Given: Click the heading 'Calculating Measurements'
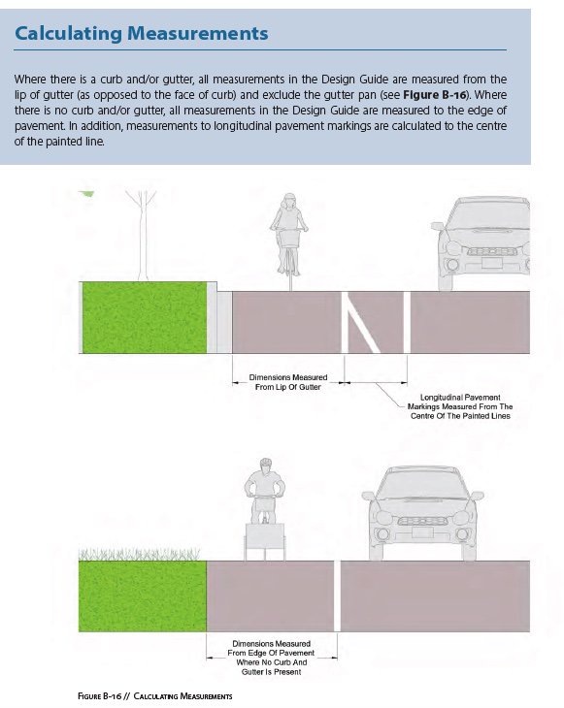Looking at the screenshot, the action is (142, 33).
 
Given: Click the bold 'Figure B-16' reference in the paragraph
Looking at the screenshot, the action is (434, 95).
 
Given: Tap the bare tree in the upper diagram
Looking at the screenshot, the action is (143, 236).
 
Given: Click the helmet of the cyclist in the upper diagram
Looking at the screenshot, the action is (288, 198).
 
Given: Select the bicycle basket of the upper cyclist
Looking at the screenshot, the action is (289, 238).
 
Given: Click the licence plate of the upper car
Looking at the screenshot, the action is (492, 263).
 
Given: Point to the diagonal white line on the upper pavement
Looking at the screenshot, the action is (361, 322).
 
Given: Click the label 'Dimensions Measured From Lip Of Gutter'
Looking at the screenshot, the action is (288, 382).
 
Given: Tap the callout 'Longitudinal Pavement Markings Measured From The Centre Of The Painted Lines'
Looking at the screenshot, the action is (460, 406).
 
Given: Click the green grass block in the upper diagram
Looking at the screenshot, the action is (145, 317).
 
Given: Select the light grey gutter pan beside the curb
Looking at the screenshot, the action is (224, 322).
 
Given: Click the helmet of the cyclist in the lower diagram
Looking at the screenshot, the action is (266, 464).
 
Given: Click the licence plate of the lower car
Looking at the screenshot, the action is (422, 532).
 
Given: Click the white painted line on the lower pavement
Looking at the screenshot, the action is (337, 596).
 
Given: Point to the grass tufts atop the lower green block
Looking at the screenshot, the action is (139, 554).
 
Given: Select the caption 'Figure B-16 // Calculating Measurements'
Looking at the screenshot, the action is (155, 695).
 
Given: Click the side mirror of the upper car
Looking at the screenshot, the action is (437, 226).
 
